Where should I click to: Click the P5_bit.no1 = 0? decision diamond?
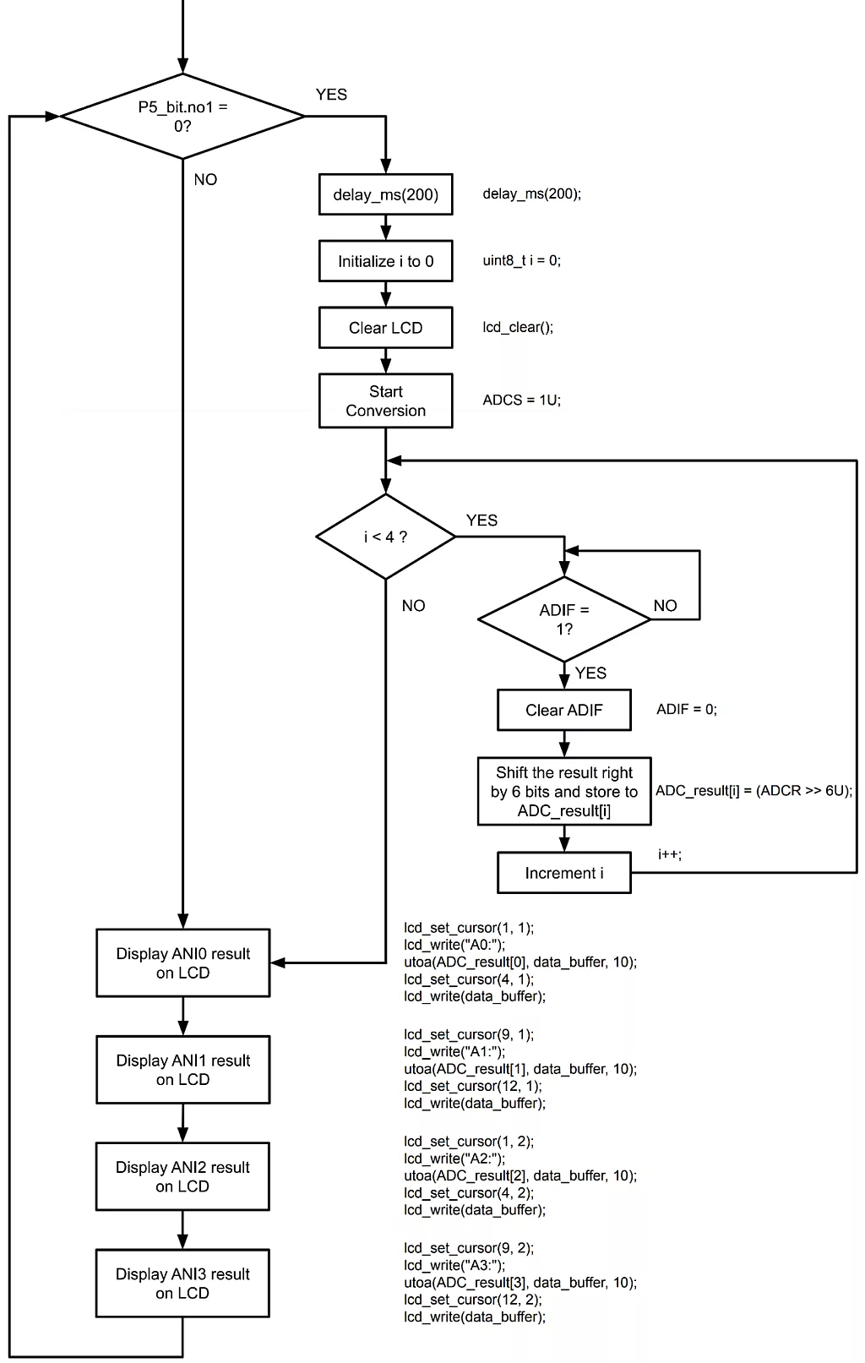pos(182,117)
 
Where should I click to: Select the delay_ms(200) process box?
pos(385,194)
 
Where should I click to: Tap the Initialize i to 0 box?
pos(385,261)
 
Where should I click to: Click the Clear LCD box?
pos(385,328)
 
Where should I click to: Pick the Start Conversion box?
pos(385,401)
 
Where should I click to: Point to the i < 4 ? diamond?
pos(385,537)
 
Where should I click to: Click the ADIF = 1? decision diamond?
pos(563,619)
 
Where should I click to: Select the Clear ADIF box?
pos(563,710)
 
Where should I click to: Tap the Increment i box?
pos(563,873)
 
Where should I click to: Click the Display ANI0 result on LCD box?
pos(182,962)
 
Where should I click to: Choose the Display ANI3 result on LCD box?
pos(182,1283)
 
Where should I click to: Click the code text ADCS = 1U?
pos(521,400)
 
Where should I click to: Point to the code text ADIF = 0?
pos(686,710)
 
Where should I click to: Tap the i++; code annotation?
pos(669,854)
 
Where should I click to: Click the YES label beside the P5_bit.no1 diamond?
pos(331,95)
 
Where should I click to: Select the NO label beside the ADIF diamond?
pos(665,606)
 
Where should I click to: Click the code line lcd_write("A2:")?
pos(454,1159)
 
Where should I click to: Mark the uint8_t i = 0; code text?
pos(521,260)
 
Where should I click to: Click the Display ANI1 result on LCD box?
pos(182,1070)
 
